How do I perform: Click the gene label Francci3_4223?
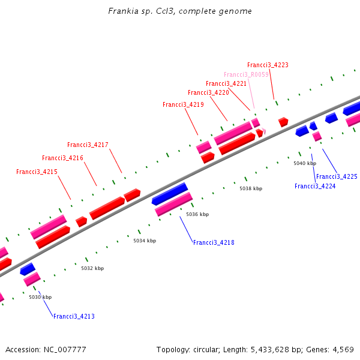(268, 65)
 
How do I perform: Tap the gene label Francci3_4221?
(226, 83)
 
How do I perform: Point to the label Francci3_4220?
(208, 92)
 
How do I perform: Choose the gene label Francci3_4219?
(183, 104)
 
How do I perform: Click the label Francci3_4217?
(88, 145)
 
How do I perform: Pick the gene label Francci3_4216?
(62, 158)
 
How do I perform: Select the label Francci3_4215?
(37, 172)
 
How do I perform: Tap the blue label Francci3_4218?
(214, 242)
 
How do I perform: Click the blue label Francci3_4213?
(74, 316)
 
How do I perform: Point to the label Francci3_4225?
(337, 176)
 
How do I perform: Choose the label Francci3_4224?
(315, 186)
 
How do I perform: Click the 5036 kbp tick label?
(197, 214)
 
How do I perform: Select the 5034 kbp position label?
(145, 241)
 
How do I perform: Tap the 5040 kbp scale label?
(305, 163)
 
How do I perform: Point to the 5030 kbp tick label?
(40, 297)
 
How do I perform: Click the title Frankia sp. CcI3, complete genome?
(180, 11)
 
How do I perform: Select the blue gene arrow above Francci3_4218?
(170, 193)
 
